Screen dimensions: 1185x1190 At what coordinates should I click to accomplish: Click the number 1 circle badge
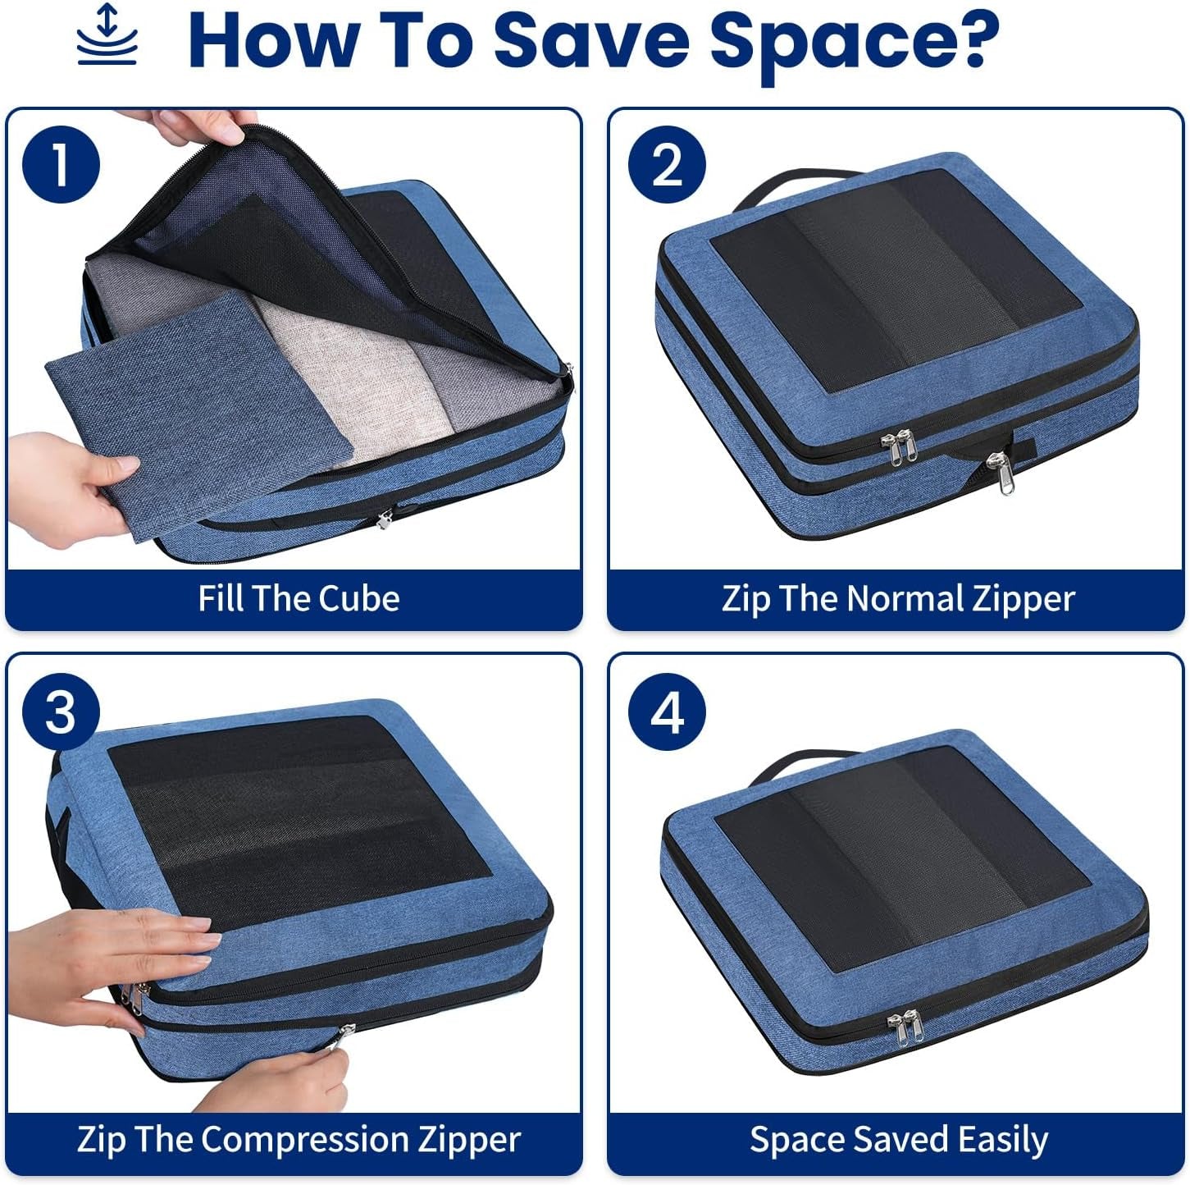click(61, 165)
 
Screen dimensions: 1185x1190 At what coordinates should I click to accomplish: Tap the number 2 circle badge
click(667, 165)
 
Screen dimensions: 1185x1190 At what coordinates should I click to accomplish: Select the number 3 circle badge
click(61, 711)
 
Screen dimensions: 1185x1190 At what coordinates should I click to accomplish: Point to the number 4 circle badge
click(667, 711)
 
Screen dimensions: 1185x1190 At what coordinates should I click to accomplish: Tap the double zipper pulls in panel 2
click(900, 448)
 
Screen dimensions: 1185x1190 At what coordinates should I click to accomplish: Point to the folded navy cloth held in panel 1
click(197, 410)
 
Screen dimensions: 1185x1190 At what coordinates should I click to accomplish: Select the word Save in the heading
click(590, 40)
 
